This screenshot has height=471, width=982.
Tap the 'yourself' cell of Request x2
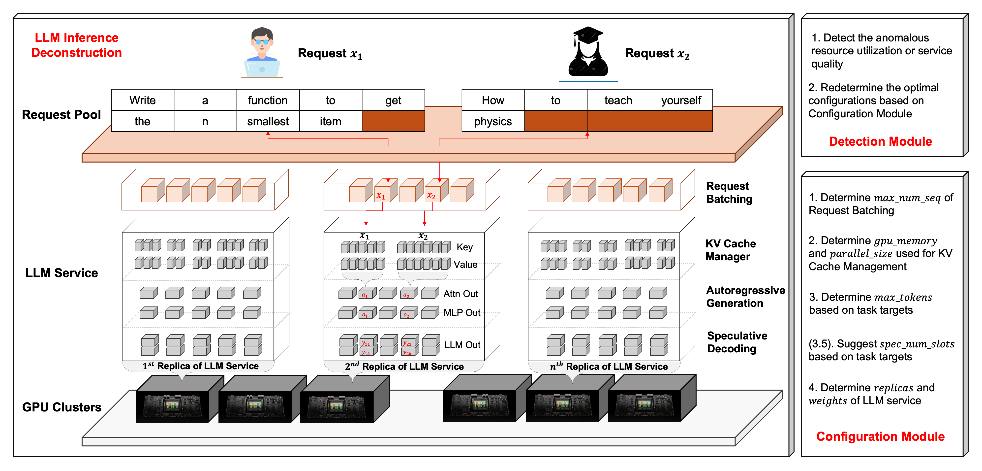(681, 100)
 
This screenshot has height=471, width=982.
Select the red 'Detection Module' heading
(880, 141)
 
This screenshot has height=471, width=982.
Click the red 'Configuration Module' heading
(880, 436)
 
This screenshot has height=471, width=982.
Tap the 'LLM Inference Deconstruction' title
(77, 45)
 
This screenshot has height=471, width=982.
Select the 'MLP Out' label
(462, 313)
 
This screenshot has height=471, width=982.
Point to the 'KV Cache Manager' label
(730, 250)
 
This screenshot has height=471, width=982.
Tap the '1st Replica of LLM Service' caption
(201, 366)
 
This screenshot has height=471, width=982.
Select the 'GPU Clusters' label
(62, 407)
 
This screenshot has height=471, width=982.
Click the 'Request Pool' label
(61, 114)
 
